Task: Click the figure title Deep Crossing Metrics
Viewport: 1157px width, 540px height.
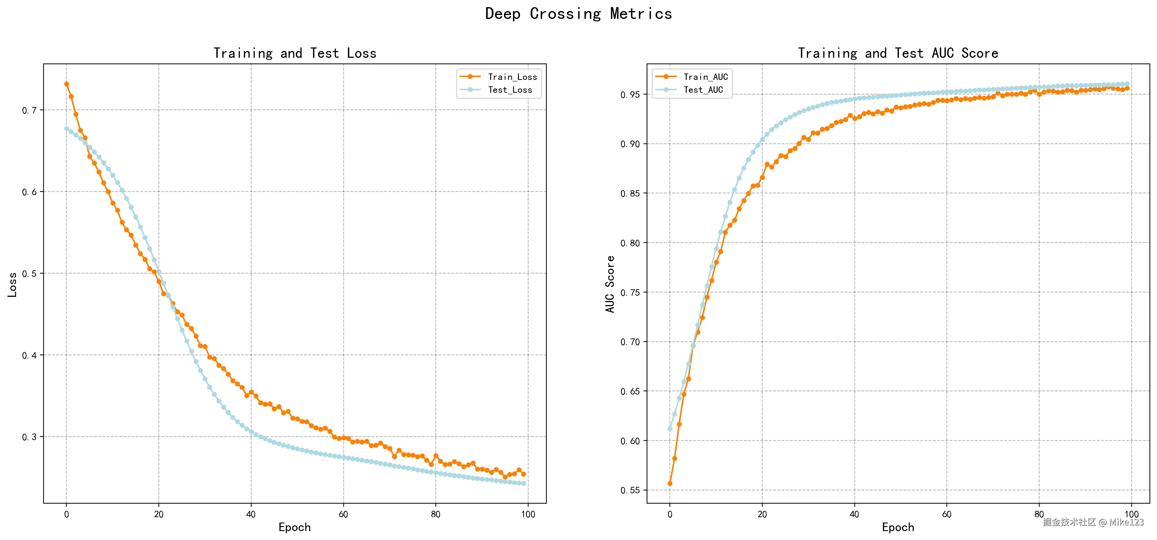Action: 578,14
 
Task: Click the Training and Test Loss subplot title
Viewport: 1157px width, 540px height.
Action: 295,54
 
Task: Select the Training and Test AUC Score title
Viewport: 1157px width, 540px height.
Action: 898,54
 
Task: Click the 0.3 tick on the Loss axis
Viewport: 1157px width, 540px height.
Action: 30,437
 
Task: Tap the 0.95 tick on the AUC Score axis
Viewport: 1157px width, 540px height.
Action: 630,95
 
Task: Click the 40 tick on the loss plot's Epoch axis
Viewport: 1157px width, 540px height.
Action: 251,514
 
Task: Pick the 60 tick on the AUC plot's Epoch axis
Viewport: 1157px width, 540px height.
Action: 947,514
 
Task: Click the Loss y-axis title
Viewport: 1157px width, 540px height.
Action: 12,285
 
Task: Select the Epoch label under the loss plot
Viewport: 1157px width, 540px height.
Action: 295,528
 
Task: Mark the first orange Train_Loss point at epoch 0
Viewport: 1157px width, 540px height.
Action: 66,84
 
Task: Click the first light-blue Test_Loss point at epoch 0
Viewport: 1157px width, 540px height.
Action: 66,129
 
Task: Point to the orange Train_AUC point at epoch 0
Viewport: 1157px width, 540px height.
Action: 670,483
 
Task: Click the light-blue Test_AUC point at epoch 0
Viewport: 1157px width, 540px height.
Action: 670,429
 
